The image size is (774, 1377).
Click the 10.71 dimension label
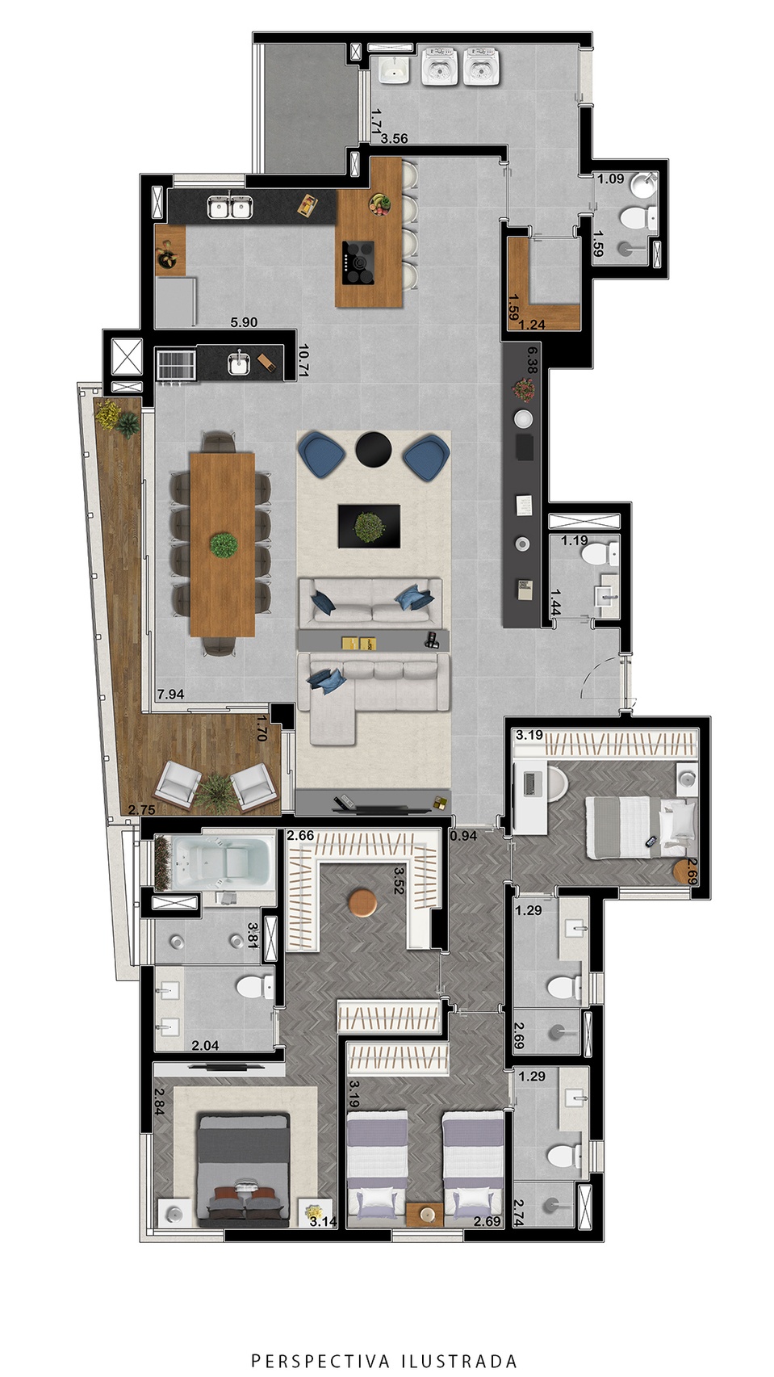tap(303, 360)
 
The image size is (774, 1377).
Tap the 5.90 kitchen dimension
tap(244, 322)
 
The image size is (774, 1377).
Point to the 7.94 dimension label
tap(171, 694)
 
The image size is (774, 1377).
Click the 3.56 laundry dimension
tap(394, 139)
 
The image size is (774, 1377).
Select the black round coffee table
tap(373, 449)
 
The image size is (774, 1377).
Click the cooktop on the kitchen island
tap(358, 263)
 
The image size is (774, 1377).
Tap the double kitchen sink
tap(230, 208)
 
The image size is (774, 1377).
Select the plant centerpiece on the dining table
tap(223, 545)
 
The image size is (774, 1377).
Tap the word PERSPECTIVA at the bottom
tap(320, 1360)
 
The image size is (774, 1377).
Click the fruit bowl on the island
tap(379, 204)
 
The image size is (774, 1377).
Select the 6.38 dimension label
tap(532, 360)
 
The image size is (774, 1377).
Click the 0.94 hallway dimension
tap(463, 836)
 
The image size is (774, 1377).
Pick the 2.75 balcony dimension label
tap(142, 810)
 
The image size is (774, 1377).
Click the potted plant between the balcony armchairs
tap(216, 789)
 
